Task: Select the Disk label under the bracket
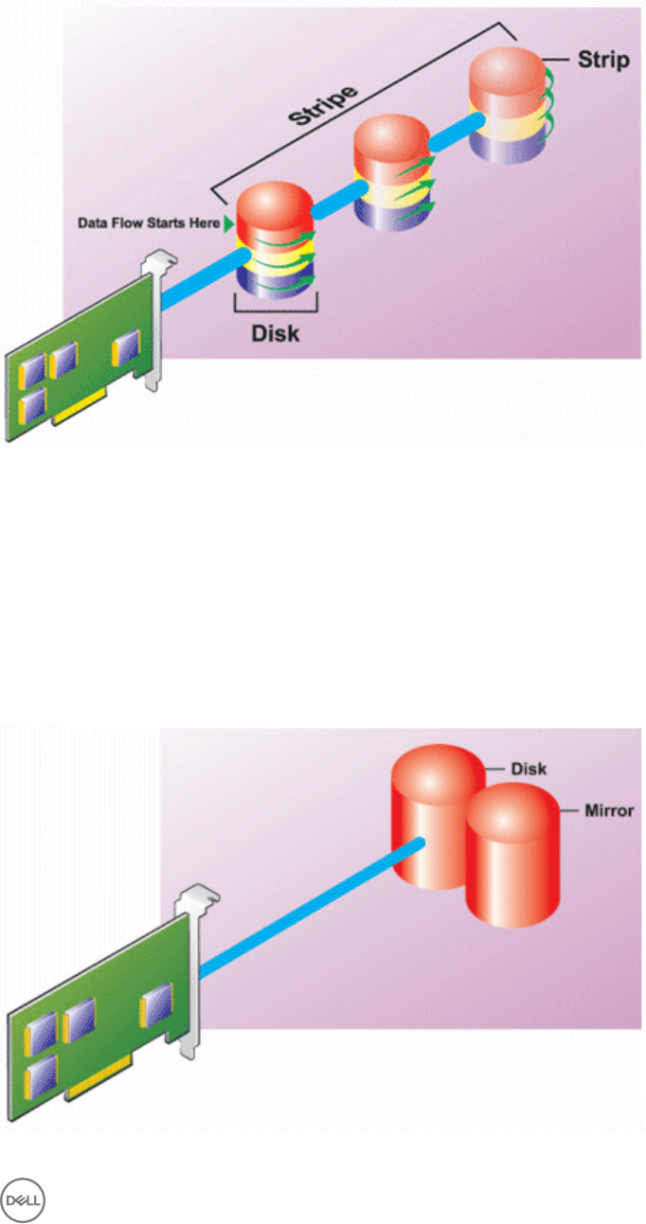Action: tap(275, 335)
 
